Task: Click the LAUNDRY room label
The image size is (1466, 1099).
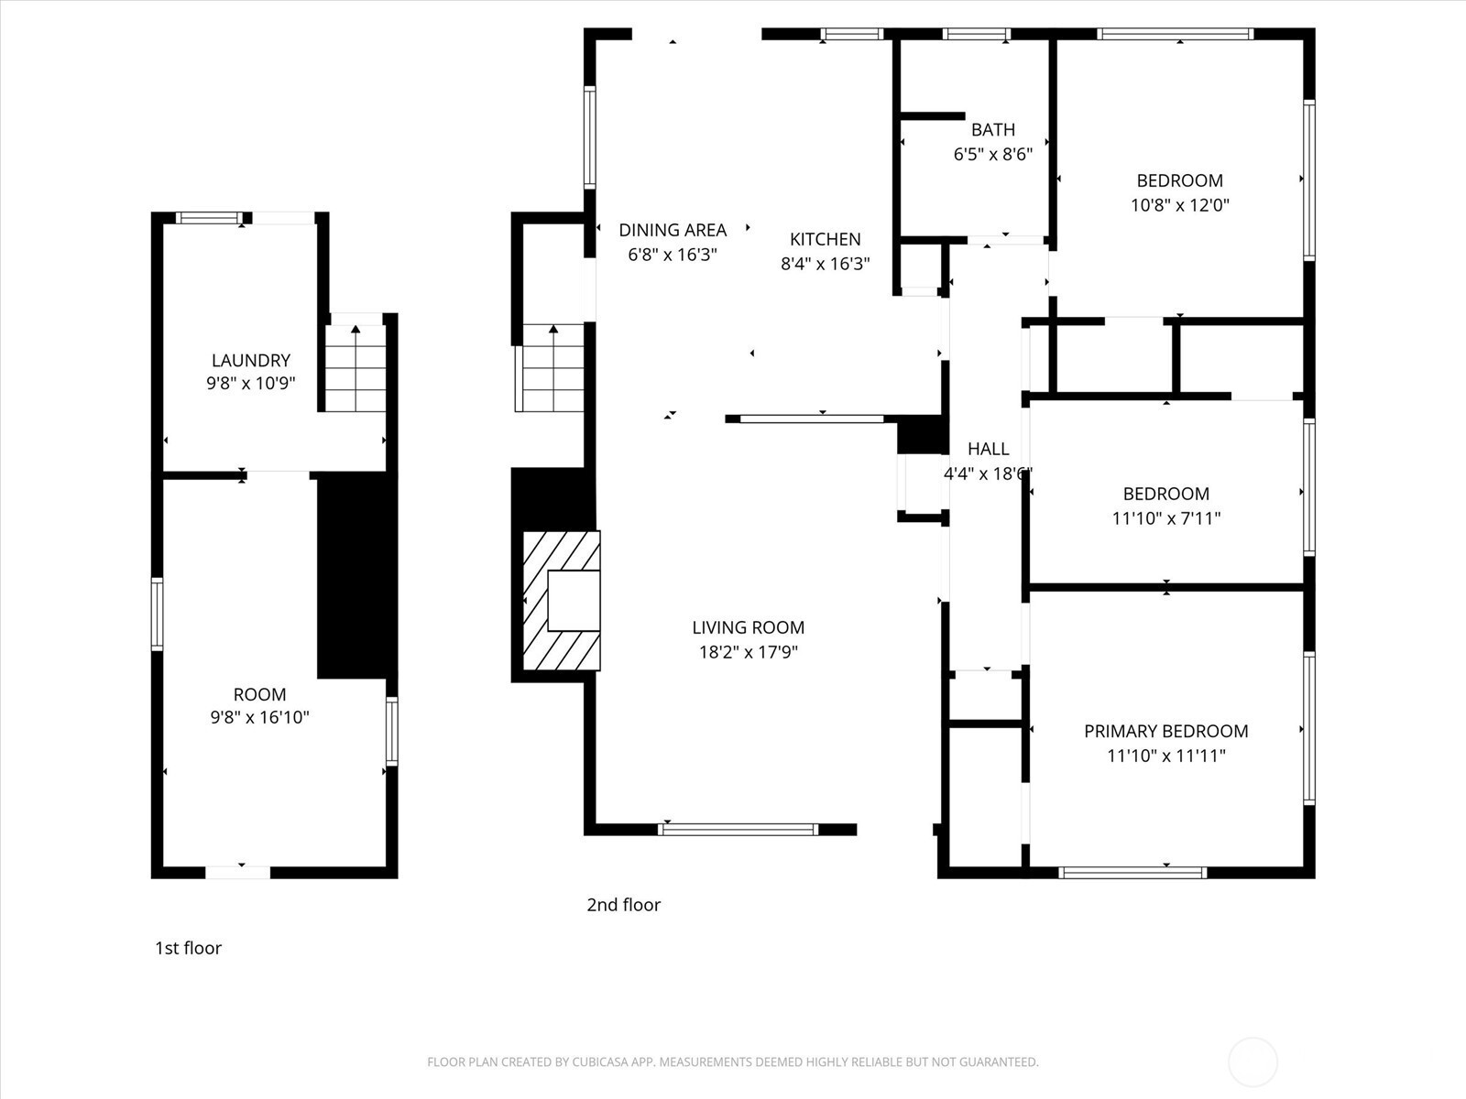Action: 250,360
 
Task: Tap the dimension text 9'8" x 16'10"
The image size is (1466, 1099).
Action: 260,717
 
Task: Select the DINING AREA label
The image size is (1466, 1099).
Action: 673,230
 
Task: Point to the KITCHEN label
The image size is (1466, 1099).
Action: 826,239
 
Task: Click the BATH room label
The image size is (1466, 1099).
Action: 993,129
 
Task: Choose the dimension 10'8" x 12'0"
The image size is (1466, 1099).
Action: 1180,205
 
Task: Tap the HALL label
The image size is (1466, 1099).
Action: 989,449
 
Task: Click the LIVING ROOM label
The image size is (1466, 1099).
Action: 748,627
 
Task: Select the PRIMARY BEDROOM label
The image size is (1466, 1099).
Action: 1166,732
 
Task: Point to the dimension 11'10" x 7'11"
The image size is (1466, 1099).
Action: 1166,518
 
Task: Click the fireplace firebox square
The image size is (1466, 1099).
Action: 574,601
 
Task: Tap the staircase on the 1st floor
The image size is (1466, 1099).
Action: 356,368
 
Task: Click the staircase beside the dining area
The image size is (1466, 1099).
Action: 552,367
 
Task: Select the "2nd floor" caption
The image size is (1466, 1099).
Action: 624,905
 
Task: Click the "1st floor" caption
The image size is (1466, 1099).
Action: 189,948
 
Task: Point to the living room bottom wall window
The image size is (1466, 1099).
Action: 738,830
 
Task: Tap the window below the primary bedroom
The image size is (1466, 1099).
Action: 1132,872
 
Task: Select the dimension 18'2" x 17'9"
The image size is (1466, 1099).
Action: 749,652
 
